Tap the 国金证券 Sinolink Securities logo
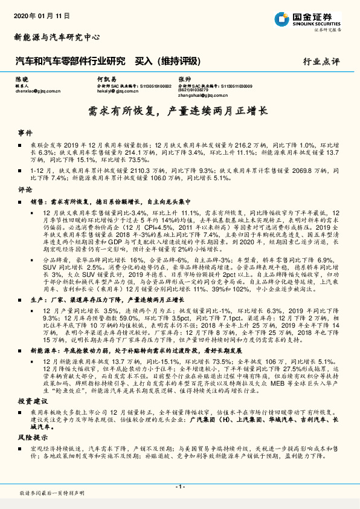click(315, 19)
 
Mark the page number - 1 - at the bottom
click(179, 487)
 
